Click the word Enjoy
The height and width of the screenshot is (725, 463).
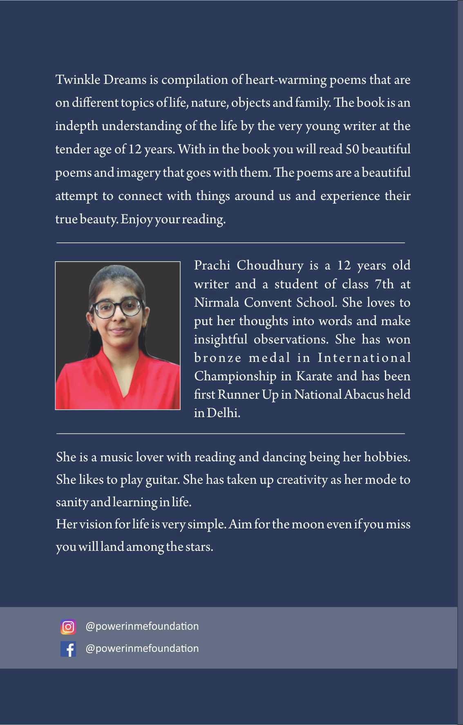137,220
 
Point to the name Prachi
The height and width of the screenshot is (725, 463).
212,265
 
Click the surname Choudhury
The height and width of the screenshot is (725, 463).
270,266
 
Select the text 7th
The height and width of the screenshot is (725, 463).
385,284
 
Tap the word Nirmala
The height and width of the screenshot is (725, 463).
217,302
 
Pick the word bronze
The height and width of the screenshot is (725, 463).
218,358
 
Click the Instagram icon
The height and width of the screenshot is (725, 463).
68,626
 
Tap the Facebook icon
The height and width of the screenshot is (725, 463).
68,649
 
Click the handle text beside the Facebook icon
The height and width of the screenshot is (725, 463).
142,649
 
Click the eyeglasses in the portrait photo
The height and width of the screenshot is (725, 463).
117,308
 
